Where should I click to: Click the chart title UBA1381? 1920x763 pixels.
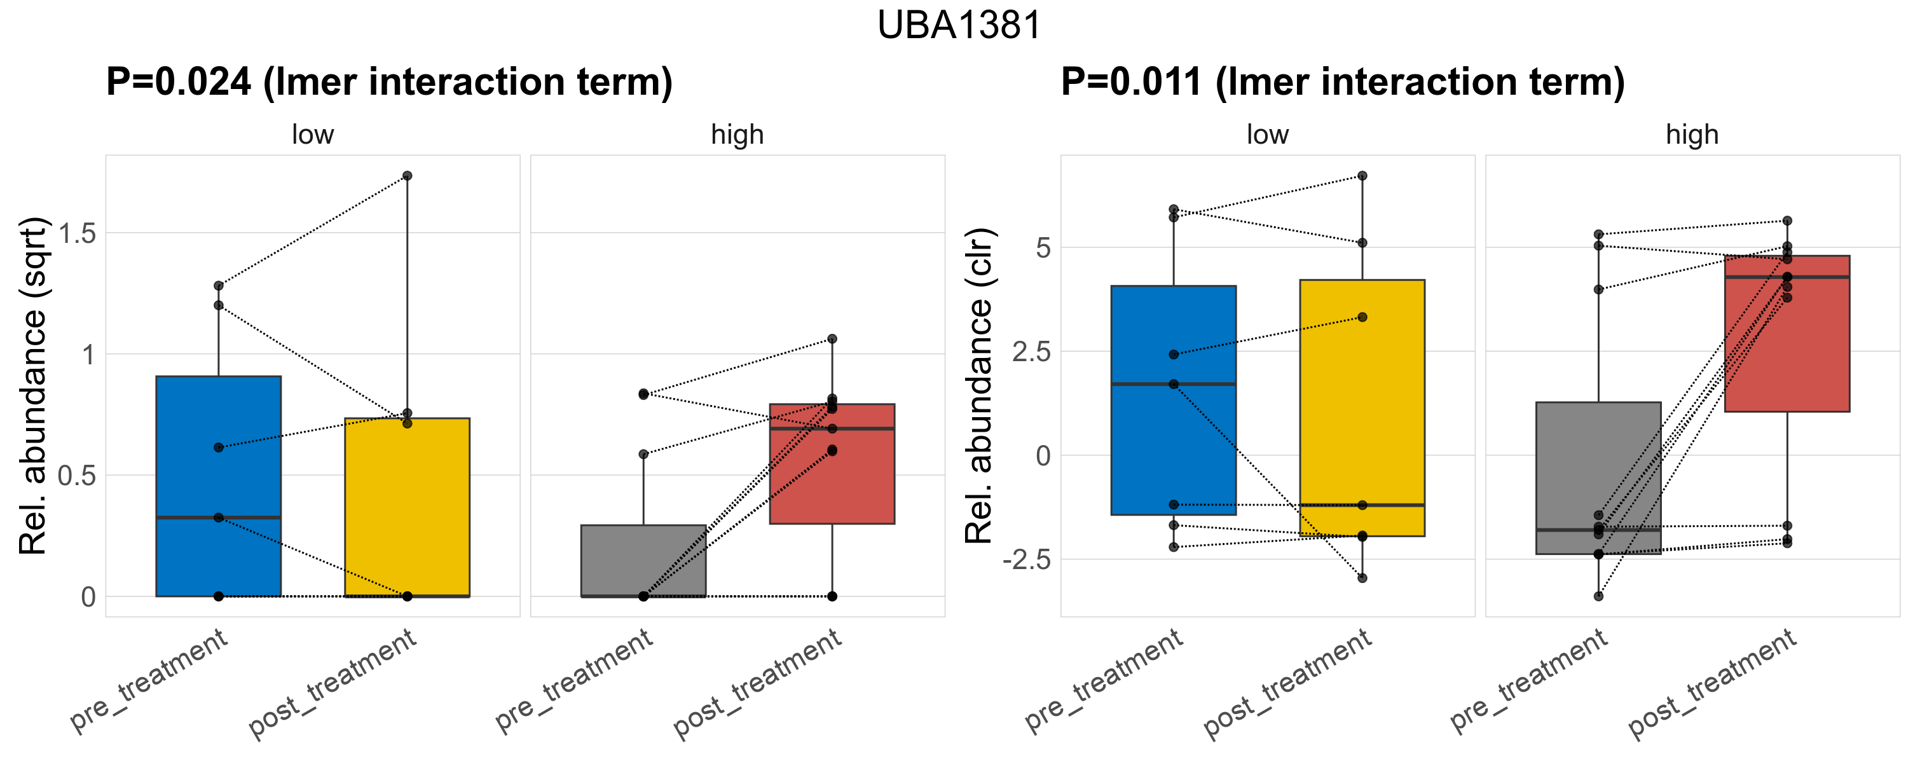959,25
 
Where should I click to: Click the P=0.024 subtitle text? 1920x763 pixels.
389,82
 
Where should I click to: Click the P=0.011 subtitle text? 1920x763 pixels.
1342,82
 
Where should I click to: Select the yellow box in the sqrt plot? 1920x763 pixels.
407,507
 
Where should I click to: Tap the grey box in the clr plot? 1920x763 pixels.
1598,478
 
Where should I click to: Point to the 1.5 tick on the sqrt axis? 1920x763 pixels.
78,233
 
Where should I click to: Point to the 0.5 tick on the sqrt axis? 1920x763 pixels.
78,476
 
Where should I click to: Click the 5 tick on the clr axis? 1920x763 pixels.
1043,247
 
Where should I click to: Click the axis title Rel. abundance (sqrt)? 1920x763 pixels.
33,386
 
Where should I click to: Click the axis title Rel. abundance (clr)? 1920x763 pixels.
979,386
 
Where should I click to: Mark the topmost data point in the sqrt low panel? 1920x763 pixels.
407,176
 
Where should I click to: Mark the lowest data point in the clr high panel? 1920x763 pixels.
1598,596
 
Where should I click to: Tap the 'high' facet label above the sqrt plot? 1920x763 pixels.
737,135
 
